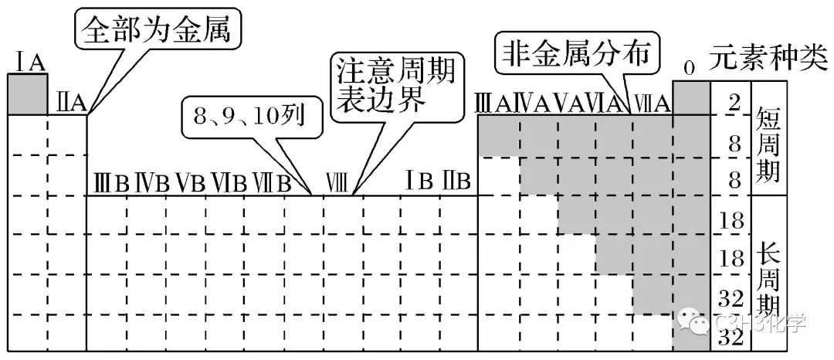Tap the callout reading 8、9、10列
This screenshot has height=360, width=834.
click(249, 117)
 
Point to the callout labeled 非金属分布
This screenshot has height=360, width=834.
click(578, 53)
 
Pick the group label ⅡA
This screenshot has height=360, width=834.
click(71, 103)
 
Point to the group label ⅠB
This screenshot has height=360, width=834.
click(418, 181)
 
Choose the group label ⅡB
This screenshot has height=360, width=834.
click(456, 182)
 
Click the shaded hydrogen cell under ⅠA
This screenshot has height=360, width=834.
click(28, 94)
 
